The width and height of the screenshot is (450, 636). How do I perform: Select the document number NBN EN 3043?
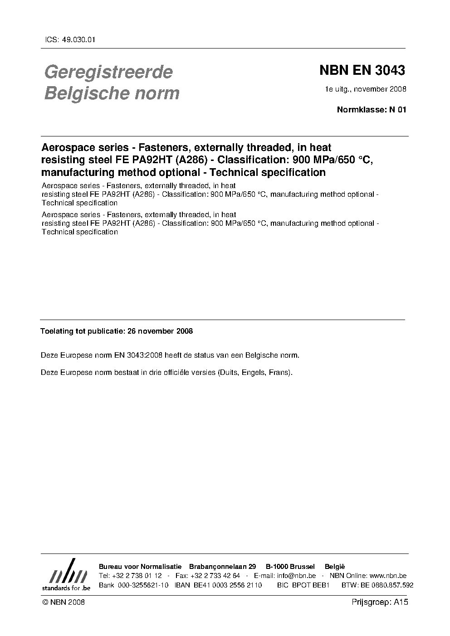click(362, 70)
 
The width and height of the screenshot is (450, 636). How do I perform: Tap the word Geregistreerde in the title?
click(108, 72)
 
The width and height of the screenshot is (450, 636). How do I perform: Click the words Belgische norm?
click(112, 93)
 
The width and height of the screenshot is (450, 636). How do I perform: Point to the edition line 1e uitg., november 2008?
click(365, 89)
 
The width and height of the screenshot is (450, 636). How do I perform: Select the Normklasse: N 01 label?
click(372, 109)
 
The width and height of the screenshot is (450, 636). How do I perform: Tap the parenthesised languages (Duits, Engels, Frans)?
click(255, 373)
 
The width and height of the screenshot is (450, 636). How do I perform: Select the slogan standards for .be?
click(66, 587)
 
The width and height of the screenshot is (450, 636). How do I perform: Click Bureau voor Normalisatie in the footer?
click(140, 567)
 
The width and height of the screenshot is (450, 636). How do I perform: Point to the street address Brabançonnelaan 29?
click(223, 567)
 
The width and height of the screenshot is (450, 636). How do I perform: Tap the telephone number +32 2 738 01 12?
click(136, 576)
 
